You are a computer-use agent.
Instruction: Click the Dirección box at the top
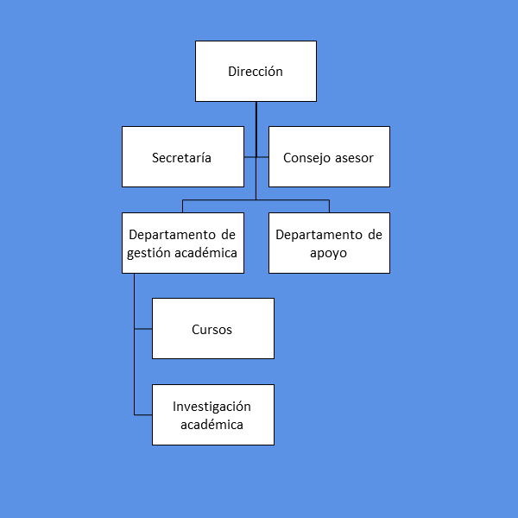[x=256, y=71]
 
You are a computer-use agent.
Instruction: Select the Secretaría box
[x=182, y=157]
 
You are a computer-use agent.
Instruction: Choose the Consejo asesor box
[x=329, y=157]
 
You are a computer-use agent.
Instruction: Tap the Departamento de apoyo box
[x=329, y=243]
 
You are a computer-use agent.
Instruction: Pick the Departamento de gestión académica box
[x=182, y=243]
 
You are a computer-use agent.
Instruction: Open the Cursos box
[x=212, y=329]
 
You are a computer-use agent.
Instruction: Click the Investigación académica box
[x=212, y=415]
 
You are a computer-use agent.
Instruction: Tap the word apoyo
[x=329, y=254]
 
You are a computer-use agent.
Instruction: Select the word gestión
[x=150, y=253]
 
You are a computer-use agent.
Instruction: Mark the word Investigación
[x=212, y=406]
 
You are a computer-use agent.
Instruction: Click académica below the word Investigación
[x=212, y=425]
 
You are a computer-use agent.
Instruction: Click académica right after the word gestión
[x=206, y=253]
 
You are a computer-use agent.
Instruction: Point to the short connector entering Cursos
[x=143, y=329]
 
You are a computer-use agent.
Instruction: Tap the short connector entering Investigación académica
[x=143, y=415]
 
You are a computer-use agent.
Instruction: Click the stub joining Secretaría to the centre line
[x=250, y=157]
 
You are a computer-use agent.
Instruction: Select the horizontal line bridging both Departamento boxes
[x=256, y=200]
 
